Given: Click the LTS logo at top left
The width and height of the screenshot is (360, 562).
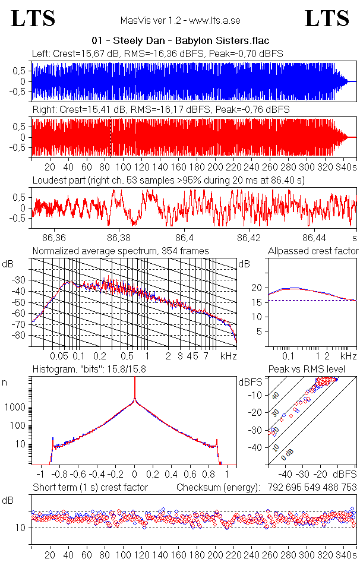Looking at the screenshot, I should pyautogui.click(x=33, y=18).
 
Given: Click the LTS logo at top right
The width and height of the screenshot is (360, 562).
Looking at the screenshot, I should pyautogui.click(x=327, y=18).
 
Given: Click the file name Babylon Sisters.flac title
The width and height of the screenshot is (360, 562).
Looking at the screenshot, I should pyautogui.click(x=180, y=41).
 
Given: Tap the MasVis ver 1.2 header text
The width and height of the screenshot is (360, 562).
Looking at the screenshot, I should pyautogui.click(x=180, y=21).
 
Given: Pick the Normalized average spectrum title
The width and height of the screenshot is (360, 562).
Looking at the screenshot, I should pyautogui.click(x=121, y=251).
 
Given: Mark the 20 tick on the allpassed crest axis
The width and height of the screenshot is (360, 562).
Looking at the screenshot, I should pyautogui.click(x=257, y=288).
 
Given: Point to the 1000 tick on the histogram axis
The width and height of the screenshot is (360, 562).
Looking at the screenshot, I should pyautogui.click(x=16, y=408).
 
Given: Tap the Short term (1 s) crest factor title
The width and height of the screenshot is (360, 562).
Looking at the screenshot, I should pyautogui.click(x=90, y=487).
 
